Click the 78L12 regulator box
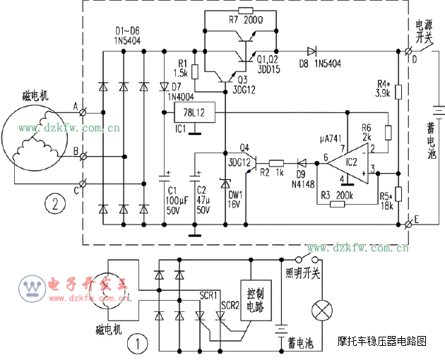(193, 114)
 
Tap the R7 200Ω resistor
(245, 11)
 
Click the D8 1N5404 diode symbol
(310, 51)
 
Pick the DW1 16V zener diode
(225, 185)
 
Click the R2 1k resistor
(276, 162)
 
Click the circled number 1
(138, 344)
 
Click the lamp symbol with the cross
(324, 308)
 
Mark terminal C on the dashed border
(86, 184)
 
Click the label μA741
(331, 137)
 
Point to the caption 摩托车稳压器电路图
(382, 341)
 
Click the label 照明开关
(302, 272)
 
